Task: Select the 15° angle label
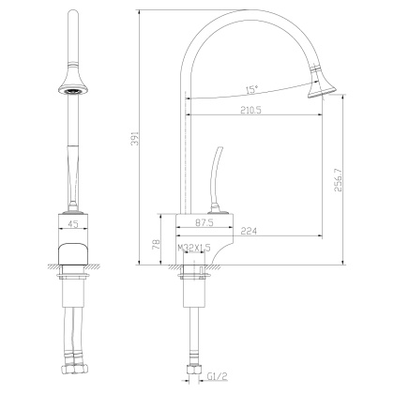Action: [251, 90]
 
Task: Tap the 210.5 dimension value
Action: [249, 110]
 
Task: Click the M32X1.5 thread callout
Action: [195, 249]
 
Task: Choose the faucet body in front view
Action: [74, 245]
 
